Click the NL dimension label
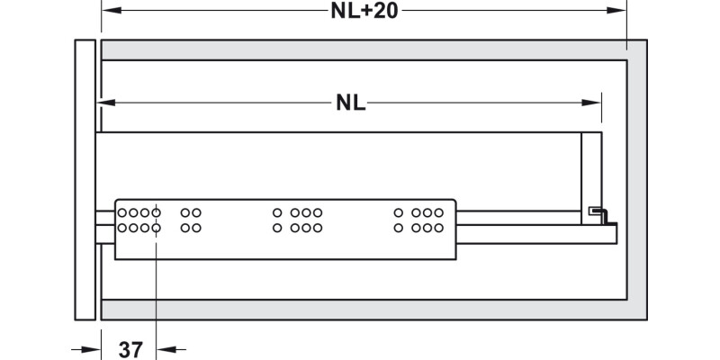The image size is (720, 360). pyautogui.click(x=351, y=103)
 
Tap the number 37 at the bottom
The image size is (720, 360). pyautogui.click(x=131, y=349)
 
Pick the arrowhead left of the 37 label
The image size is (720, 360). pyautogui.click(x=89, y=348)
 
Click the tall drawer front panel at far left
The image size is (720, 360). pyautogui.click(x=85, y=180)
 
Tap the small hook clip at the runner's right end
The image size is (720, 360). pyautogui.click(x=599, y=214)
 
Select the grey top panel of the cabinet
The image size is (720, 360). pyautogui.click(x=360, y=49)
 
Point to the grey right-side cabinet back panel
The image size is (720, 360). pyautogui.click(x=636, y=180)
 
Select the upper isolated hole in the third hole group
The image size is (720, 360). pyautogui.click(x=277, y=213)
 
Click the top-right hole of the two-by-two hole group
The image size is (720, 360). pyautogui.click(x=197, y=213)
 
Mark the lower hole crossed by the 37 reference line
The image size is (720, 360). pyautogui.click(x=156, y=229)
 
